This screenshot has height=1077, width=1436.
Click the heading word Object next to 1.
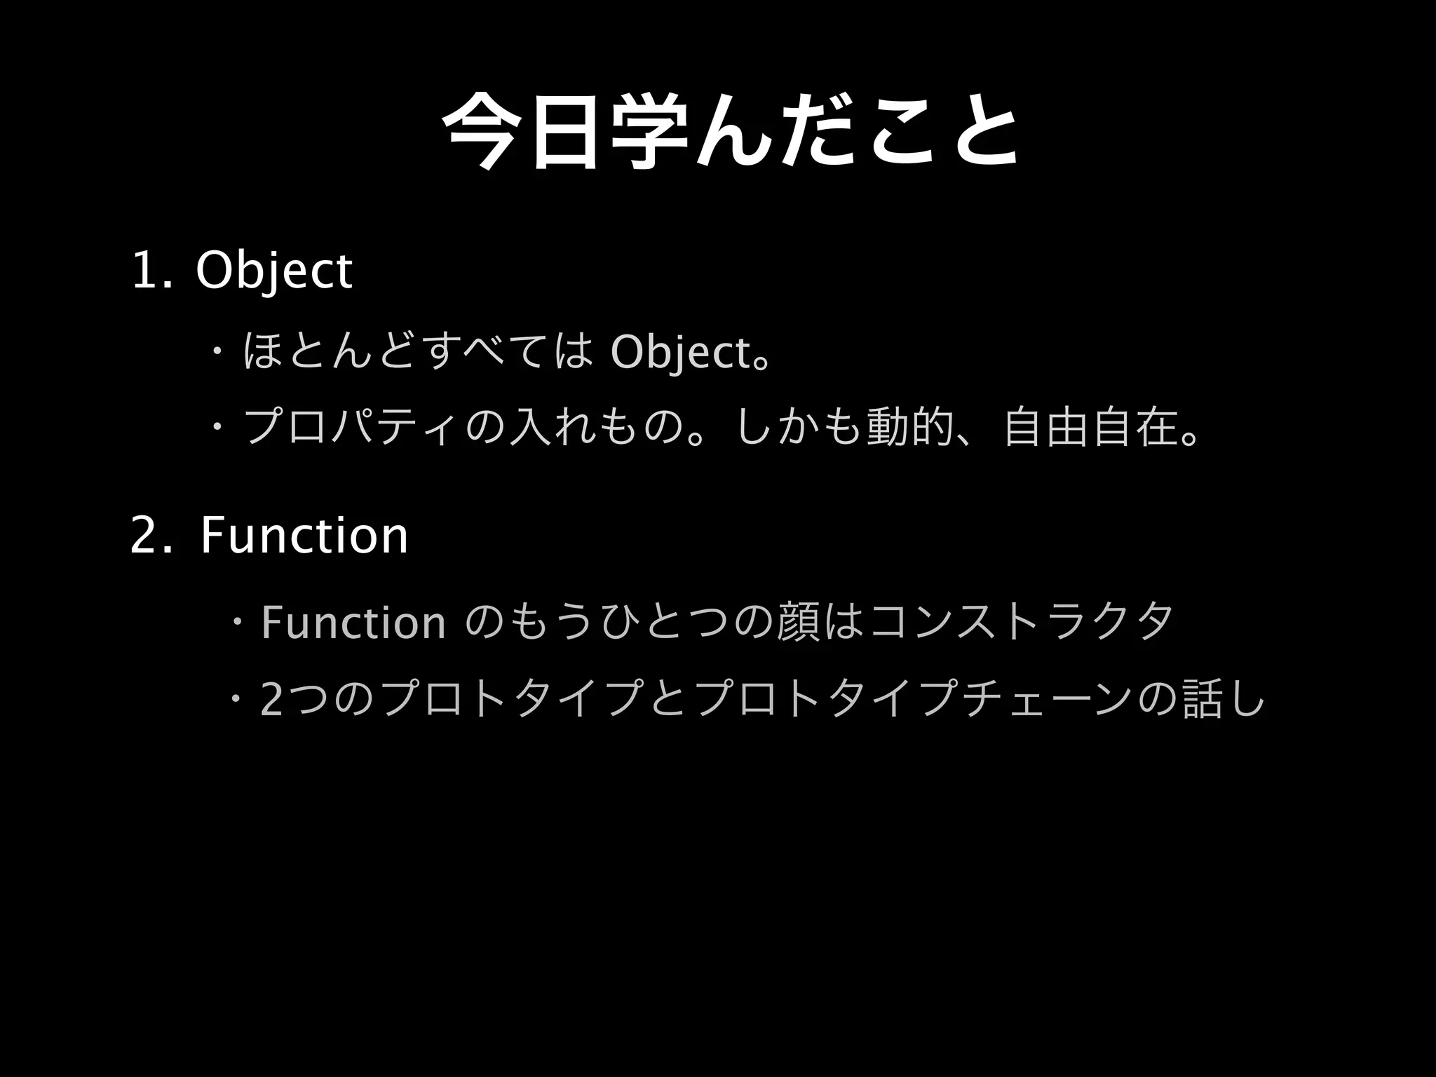click(x=274, y=272)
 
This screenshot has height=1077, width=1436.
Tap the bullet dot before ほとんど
click(x=219, y=349)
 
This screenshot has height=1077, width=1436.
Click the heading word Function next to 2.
click(x=304, y=536)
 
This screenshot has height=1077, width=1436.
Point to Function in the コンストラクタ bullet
click(x=353, y=623)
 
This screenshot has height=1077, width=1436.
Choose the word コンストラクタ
click(x=1018, y=621)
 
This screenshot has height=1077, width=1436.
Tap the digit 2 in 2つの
click(x=271, y=700)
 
